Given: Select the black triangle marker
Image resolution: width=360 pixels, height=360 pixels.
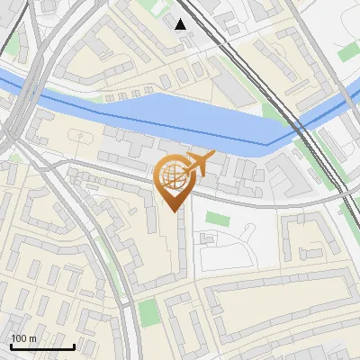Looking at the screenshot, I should (181, 23).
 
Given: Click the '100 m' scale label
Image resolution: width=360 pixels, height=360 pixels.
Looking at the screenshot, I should (23, 338).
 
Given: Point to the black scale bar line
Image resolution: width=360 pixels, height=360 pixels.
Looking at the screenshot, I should (42, 346).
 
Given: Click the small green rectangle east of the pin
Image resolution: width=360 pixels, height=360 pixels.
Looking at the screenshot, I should (216, 219).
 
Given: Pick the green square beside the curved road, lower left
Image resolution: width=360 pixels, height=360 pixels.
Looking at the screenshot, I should (149, 312).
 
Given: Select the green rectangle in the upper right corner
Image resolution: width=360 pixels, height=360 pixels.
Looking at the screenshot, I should (347, 52).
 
